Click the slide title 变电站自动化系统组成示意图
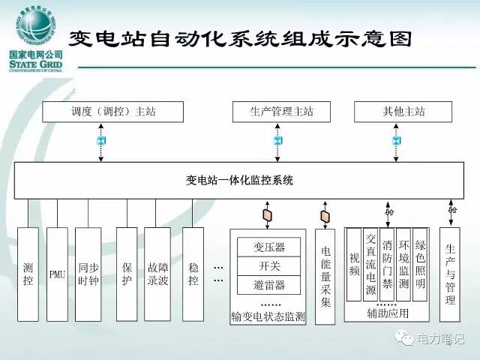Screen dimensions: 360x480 coord(240,38)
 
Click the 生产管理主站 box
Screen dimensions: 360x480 coord(281,112)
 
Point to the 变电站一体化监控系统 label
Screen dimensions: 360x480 coord(239,180)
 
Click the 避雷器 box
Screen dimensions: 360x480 coord(269,284)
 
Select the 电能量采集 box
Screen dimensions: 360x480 coord(325,276)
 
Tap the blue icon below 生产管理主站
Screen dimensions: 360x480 coord(277,140)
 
